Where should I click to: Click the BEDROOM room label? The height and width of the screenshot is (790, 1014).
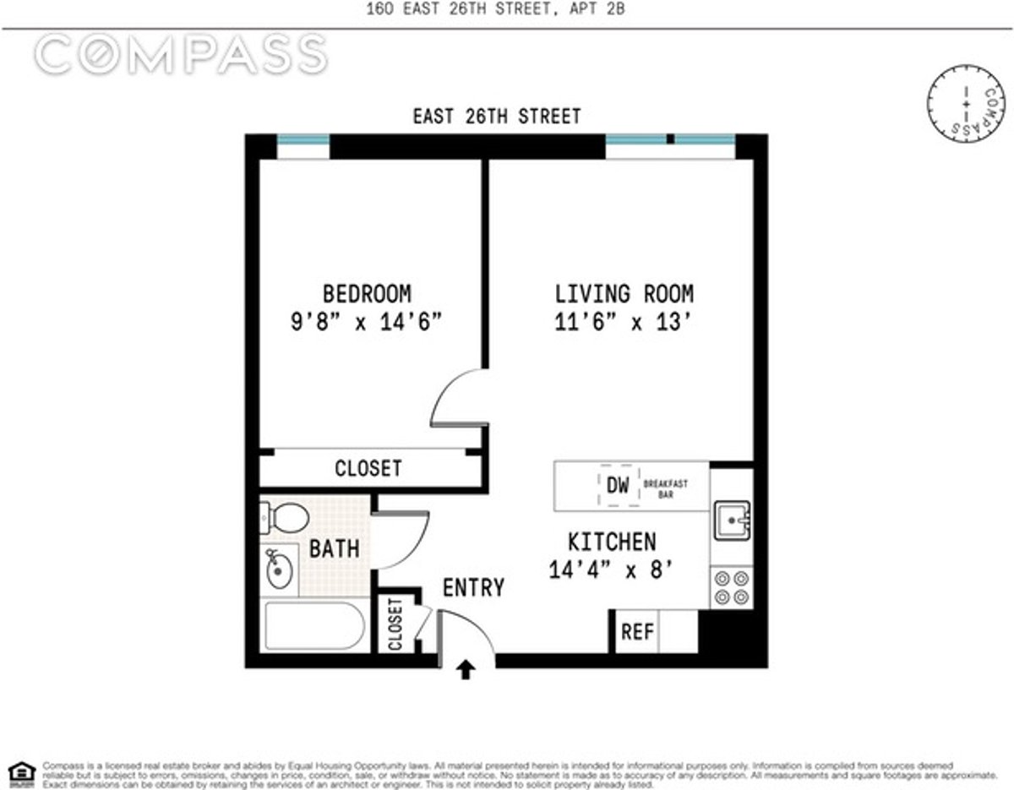(367, 294)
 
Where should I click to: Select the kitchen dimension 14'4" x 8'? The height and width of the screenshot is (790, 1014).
(611, 569)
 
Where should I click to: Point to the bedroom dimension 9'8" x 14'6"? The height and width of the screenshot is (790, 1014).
(367, 323)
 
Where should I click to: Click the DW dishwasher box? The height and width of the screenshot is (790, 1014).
(618, 486)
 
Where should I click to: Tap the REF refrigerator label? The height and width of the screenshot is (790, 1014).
(637, 632)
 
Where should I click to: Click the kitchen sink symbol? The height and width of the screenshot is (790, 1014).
(731, 520)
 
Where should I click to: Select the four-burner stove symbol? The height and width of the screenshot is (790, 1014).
(731, 587)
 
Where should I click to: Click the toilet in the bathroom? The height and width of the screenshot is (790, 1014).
(285, 516)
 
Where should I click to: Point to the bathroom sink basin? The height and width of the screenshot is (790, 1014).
(278, 570)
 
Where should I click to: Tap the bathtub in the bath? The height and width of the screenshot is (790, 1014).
(314, 626)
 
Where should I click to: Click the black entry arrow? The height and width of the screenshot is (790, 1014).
(466, 670)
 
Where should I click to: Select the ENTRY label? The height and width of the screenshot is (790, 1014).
(473, 587)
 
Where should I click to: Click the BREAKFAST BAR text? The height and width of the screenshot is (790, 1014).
(665, 488)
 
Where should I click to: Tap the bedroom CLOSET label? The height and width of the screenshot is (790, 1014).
(368, 468)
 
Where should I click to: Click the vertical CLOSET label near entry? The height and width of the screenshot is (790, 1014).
(395, 624)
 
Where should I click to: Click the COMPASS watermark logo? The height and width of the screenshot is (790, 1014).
(180, 54)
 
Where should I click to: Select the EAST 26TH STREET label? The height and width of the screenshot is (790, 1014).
(496, 117)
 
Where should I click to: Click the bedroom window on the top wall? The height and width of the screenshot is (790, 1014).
(303, 141)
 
